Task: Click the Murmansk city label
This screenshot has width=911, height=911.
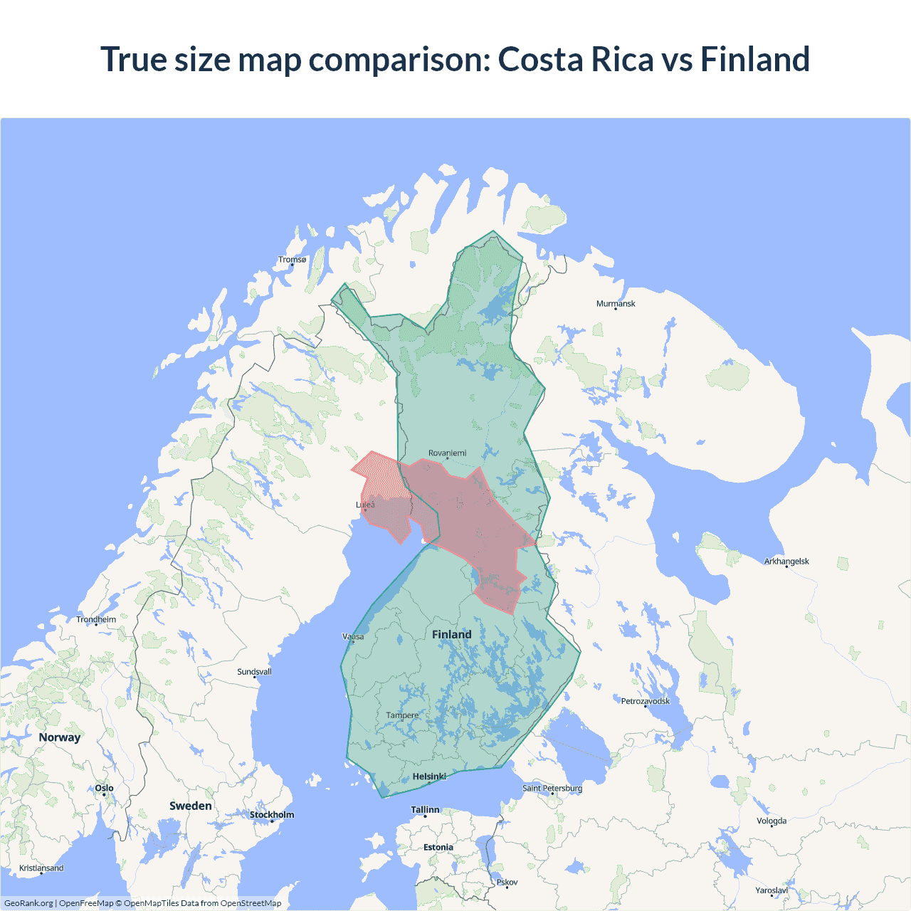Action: (616, 304)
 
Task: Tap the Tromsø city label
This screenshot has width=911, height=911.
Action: (292, 260)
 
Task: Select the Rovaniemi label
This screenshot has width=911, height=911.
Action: (447, 453)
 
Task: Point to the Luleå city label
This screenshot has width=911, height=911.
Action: (365, 505)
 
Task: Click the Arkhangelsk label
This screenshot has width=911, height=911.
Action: (786, 562)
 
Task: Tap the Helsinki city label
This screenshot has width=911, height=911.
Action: (429, 776)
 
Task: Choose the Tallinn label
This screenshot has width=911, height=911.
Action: (425, 810)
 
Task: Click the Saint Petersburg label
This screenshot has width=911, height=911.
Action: (552, 788)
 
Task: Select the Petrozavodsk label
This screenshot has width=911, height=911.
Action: (646, 701)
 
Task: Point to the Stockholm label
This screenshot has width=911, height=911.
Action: (271, 815)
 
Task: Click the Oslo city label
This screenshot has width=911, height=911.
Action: (104, 788)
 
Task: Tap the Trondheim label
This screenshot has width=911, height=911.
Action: (96, 619)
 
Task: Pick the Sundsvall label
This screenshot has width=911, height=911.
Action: (254, 672)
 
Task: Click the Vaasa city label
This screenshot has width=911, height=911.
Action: (353, 636)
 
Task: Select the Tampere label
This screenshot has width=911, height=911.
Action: (402, 715)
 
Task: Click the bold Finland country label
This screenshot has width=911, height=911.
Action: (451, 634)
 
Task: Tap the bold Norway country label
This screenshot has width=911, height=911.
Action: (60, 737)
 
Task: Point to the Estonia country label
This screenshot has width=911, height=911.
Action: (438, 847)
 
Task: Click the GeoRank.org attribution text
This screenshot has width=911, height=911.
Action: (28, 903)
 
